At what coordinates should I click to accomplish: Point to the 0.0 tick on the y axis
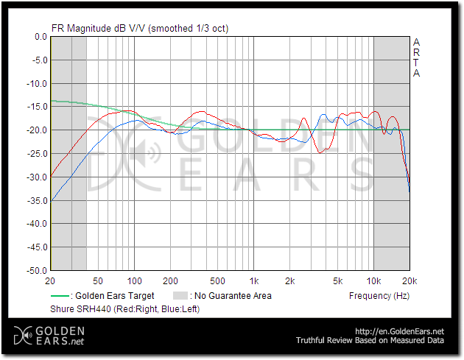[x=37, y=37]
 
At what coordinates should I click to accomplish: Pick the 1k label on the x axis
[x=254, y=282]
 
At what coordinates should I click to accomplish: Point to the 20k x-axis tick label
[x=409, y=282]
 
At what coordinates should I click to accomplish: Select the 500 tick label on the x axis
[x=217, y=282]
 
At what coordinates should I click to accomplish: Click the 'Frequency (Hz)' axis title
[x=379, y=296]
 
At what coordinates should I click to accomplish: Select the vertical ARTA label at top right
[x=417, y=57]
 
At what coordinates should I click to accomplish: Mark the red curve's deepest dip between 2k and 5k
[x=320, y=152]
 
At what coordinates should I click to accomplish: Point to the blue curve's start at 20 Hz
[x=51, y=200]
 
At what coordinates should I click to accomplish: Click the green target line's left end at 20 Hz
[x=51, y=101]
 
